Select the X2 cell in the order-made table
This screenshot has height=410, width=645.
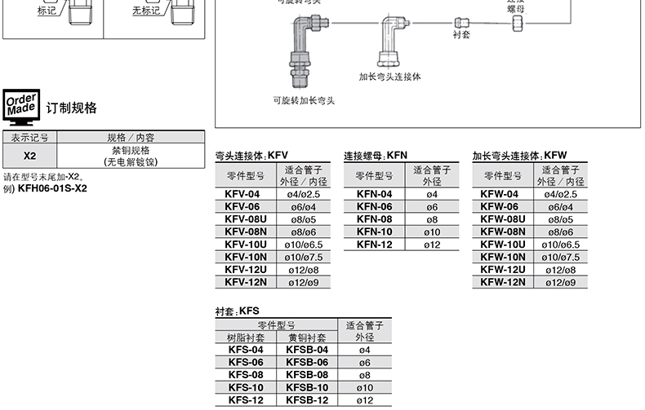(x=30, y=156)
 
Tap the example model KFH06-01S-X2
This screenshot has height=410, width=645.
(x=52, y=189)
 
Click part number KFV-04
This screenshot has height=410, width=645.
(x=242, y=194)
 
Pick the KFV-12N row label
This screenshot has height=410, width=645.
(x=242, y=282)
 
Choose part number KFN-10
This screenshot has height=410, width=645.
(x=375, y=232)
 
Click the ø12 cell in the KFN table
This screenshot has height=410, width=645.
(x=432, y=245)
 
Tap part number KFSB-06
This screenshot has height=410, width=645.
(x=307, y=362)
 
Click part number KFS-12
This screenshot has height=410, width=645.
(x=246, y=400)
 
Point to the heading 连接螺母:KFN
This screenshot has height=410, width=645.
(x=376, y=155)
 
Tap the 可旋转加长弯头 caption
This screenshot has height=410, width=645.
(x=304, y=100)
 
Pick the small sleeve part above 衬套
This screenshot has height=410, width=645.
(x=461, y=24)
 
